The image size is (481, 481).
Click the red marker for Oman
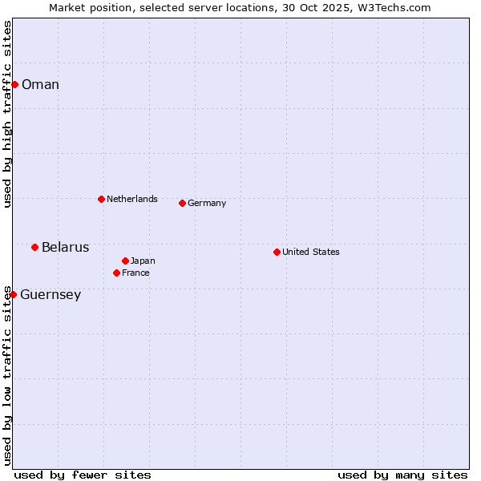(x=14, y=84)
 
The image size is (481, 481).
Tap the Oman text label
(x=40, y=85)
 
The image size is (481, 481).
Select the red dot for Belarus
(x=34, y=247)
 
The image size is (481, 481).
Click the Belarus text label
(x=65, y=247)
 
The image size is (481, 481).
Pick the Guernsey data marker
(x=13, y=294)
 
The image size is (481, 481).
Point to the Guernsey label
(x=51, y=295)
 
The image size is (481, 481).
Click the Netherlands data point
(x=101, y=199)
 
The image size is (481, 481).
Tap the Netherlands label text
(x=131, y=199)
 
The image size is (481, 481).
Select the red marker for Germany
(x=182, y=203)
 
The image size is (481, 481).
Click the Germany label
(x=207, y=204)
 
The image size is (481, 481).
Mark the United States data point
(x=277, y=252)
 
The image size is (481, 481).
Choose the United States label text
(x=310, y=252)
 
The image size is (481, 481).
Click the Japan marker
(x=125, y=261)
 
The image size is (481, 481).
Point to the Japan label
(x=143, y=261)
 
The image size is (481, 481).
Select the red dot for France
(x=116, y=273)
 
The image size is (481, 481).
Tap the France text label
(x=135, y=273)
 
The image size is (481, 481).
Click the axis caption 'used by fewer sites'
(x=83, y=475)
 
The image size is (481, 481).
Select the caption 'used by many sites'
(x=402, y=475)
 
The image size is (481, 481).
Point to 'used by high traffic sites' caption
(x=7, y=114)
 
